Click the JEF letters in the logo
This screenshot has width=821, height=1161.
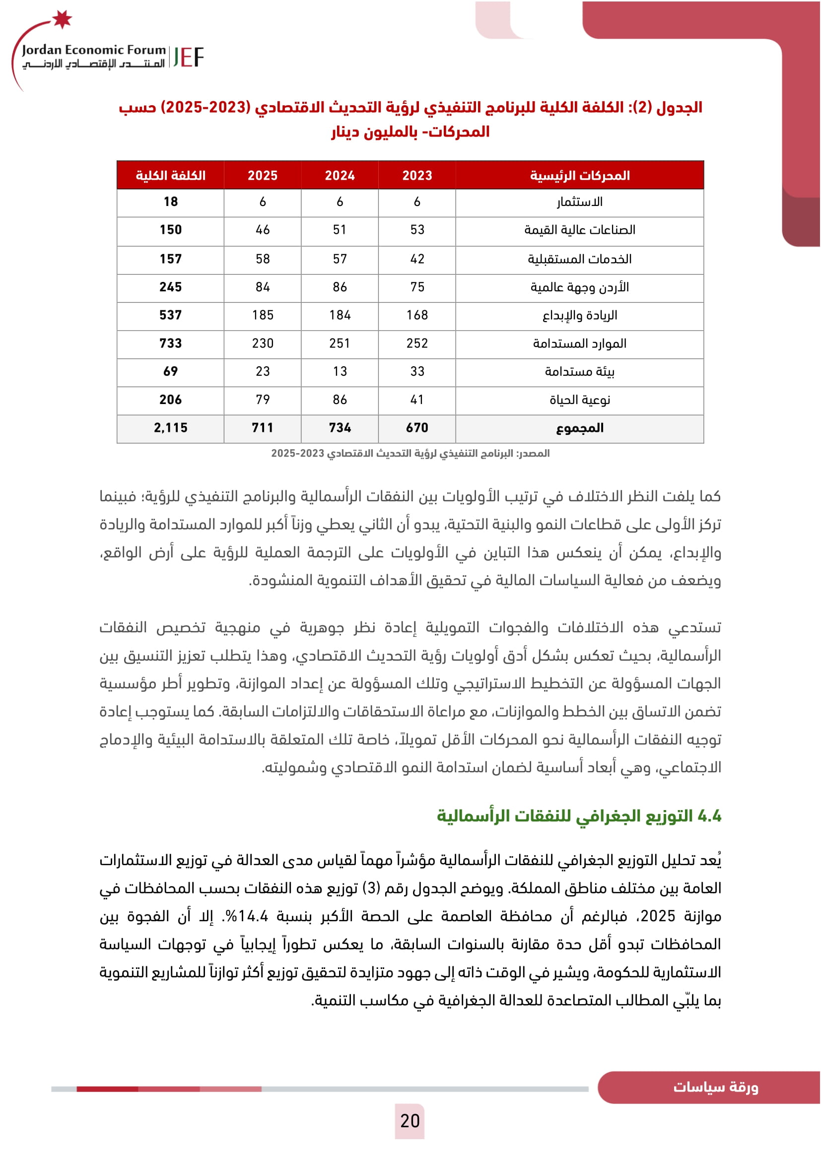[x=188, y=57]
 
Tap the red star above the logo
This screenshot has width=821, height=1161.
[x=62, y=19]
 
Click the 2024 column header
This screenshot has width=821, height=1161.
[x=340, y=175]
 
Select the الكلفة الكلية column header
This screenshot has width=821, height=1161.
[x=170, y=175]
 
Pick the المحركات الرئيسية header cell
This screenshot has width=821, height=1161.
[x=579, y=175]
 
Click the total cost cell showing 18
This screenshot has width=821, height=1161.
[x=170, y=202]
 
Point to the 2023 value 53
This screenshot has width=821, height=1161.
[x=417, y=230]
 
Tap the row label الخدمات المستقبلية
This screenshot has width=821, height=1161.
[x=579, y=260]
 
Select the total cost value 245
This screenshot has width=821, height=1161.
[x=170, y=287]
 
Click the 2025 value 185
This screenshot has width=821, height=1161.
[x=263, y=316]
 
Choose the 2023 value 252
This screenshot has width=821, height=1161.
[x=417, y=344]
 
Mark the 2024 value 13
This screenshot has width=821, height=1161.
[x=340, y=372]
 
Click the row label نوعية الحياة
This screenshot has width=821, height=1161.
[x=579, y=400]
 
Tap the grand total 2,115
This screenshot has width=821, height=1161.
[x=170, y=428]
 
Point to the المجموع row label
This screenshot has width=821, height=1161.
[x=579, y=428]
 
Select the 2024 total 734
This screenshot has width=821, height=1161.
[x=340, y=428]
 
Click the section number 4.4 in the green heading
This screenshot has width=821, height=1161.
[x=709, y=816]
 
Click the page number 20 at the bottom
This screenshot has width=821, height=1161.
[x=410, y=1121]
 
